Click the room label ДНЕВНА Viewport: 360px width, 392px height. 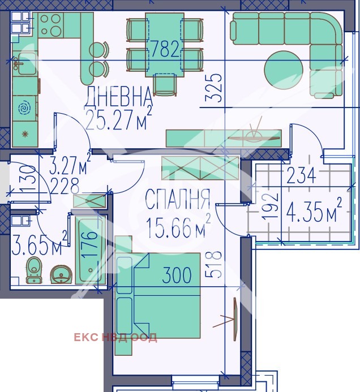[118, 97]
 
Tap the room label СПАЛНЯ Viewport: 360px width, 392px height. [177, 199]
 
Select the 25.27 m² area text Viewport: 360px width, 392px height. [118, 119]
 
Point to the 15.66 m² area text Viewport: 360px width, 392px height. [178, 227]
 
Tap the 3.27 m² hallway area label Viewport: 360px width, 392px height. [70, 163]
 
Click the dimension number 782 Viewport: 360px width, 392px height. [165, 49]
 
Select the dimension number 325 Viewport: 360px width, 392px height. [213, 88]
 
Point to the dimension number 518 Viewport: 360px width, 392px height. [213, 265]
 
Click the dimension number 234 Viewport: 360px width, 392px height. [301, 175]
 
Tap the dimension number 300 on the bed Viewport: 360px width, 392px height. [177, 275]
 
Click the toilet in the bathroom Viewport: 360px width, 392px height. [34, 270]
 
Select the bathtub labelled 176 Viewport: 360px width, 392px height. [91, 251]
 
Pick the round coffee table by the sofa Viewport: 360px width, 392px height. [284, 70]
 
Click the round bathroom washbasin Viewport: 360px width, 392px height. [61, 274]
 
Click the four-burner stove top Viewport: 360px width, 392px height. [51, 25]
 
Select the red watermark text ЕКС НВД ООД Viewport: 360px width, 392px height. [115, 338]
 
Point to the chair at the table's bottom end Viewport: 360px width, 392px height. [165, 84]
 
